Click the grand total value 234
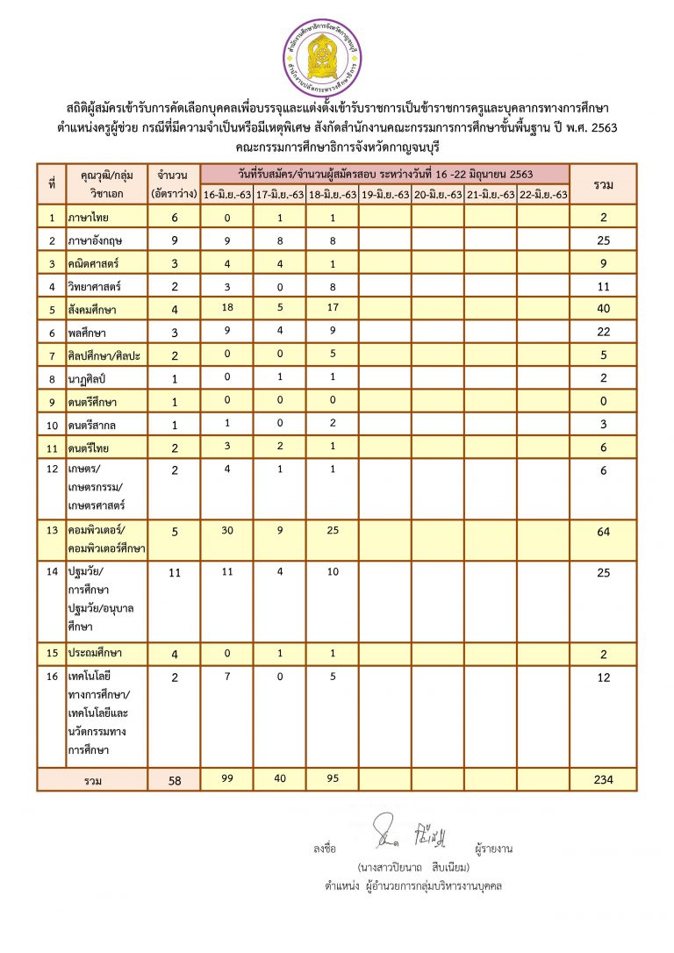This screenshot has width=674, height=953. (602, 779)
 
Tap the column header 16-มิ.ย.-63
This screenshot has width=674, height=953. (226, 194)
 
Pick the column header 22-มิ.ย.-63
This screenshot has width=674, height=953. (542, 194)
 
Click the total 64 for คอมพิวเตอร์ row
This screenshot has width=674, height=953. (602, 531)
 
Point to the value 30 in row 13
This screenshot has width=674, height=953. (226, 530)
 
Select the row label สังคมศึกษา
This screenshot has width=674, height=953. (92, 309)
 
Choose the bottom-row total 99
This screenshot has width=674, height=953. (226, 779)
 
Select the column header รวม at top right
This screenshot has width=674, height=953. (602, 184)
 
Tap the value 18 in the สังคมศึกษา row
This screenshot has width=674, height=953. (226, 308)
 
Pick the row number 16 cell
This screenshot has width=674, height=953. (52, 677)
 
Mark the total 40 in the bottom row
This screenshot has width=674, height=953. (279, 779)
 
